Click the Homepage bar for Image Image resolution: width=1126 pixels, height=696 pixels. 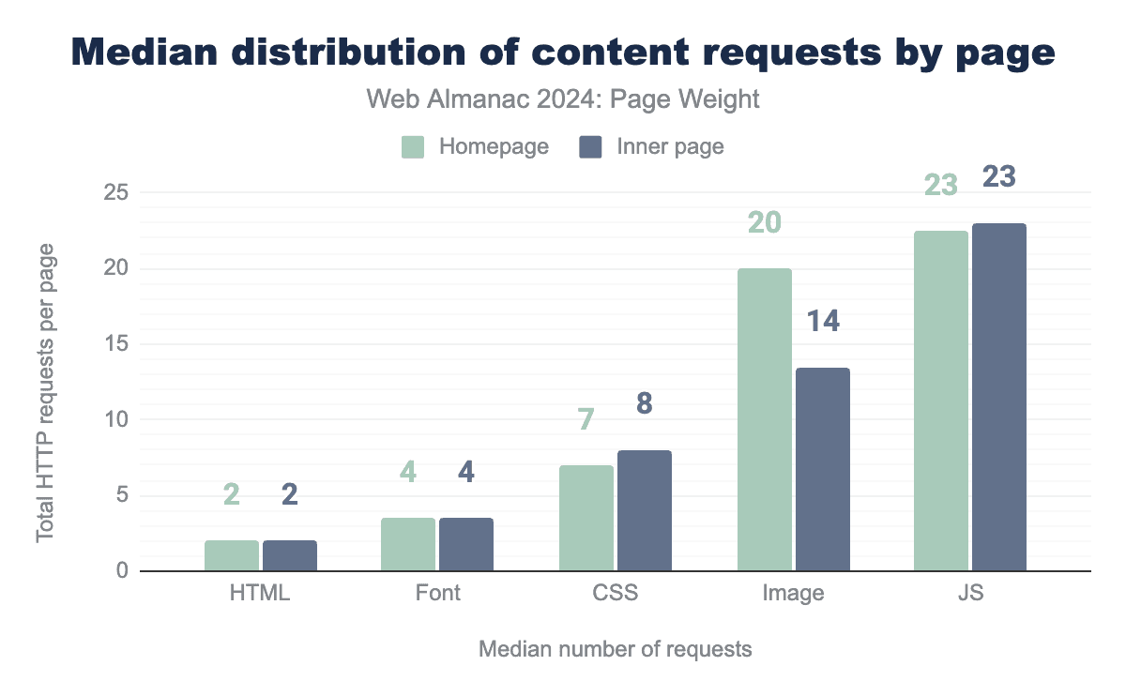[x=765, y=419]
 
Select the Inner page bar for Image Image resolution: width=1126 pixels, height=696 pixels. [x=823, y=469]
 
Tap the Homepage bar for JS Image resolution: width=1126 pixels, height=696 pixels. [x=941, y=401]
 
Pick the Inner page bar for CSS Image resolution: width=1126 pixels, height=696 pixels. [x=645, y=510]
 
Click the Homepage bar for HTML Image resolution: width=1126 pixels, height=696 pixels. [x=232, y=555]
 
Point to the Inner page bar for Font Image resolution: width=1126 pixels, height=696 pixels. [x=466, y=544]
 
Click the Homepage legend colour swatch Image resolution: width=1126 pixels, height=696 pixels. [x=414, y=147]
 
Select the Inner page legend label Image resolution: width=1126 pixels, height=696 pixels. [x=670, y=147]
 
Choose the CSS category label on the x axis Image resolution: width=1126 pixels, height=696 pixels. [x=616, y=594]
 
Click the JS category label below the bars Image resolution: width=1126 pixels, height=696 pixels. [x=969, y=594]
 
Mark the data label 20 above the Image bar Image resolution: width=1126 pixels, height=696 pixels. [x=765, y=223]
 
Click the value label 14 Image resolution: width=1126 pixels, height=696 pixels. [x=822, y=322]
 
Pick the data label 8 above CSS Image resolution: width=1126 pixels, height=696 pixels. [x=645, y=403]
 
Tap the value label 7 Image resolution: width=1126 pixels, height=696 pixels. [x=586, y=419]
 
